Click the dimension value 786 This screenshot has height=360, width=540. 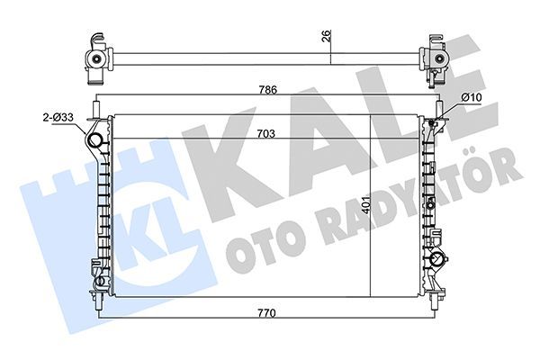[x=268, y=90]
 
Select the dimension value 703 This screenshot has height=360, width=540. [x=268, y=132]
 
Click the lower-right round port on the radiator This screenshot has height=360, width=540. [x=439, y=262]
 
